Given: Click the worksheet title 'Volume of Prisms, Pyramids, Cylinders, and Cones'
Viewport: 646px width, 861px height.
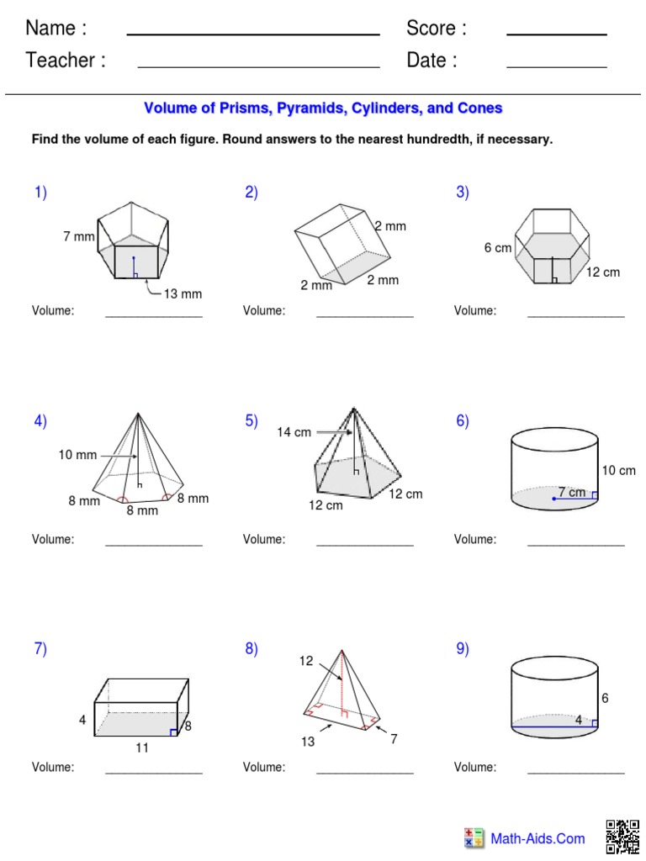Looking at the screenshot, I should tap(323, 108).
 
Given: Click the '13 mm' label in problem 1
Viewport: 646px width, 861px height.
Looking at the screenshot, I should tap(183, 293).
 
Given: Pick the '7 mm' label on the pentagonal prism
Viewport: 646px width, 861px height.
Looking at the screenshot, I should tap(79, 237).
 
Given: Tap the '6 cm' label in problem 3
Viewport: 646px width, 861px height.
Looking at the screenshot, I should tap(498, 248).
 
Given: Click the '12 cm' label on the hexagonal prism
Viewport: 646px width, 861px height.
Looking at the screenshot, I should tap(603, 272).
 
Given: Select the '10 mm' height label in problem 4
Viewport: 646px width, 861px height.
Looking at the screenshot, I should tap(77, 455).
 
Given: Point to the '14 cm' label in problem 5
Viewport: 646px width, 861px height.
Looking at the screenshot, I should tap(294, 432).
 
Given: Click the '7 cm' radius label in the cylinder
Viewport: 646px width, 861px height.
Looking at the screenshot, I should tap(572, 493).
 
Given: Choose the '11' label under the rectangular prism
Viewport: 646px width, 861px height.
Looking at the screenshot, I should tap(142, 747).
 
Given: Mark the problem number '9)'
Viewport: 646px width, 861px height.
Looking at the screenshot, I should tap(463, 649).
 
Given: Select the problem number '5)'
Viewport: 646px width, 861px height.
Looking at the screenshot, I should tap(252, 421).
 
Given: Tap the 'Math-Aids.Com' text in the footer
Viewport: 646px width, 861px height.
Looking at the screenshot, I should tap(537, 838).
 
